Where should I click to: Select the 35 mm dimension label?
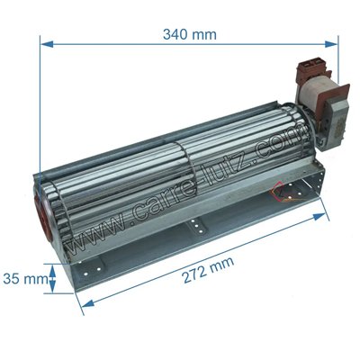click(25, 279)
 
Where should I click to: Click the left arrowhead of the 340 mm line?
click(47, 44)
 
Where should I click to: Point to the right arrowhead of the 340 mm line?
click(331, 44)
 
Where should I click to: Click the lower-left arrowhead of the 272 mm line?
click(87, 303)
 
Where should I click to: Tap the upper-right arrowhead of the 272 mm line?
click(319, 216)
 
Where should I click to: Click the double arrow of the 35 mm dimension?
click(52, 279)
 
